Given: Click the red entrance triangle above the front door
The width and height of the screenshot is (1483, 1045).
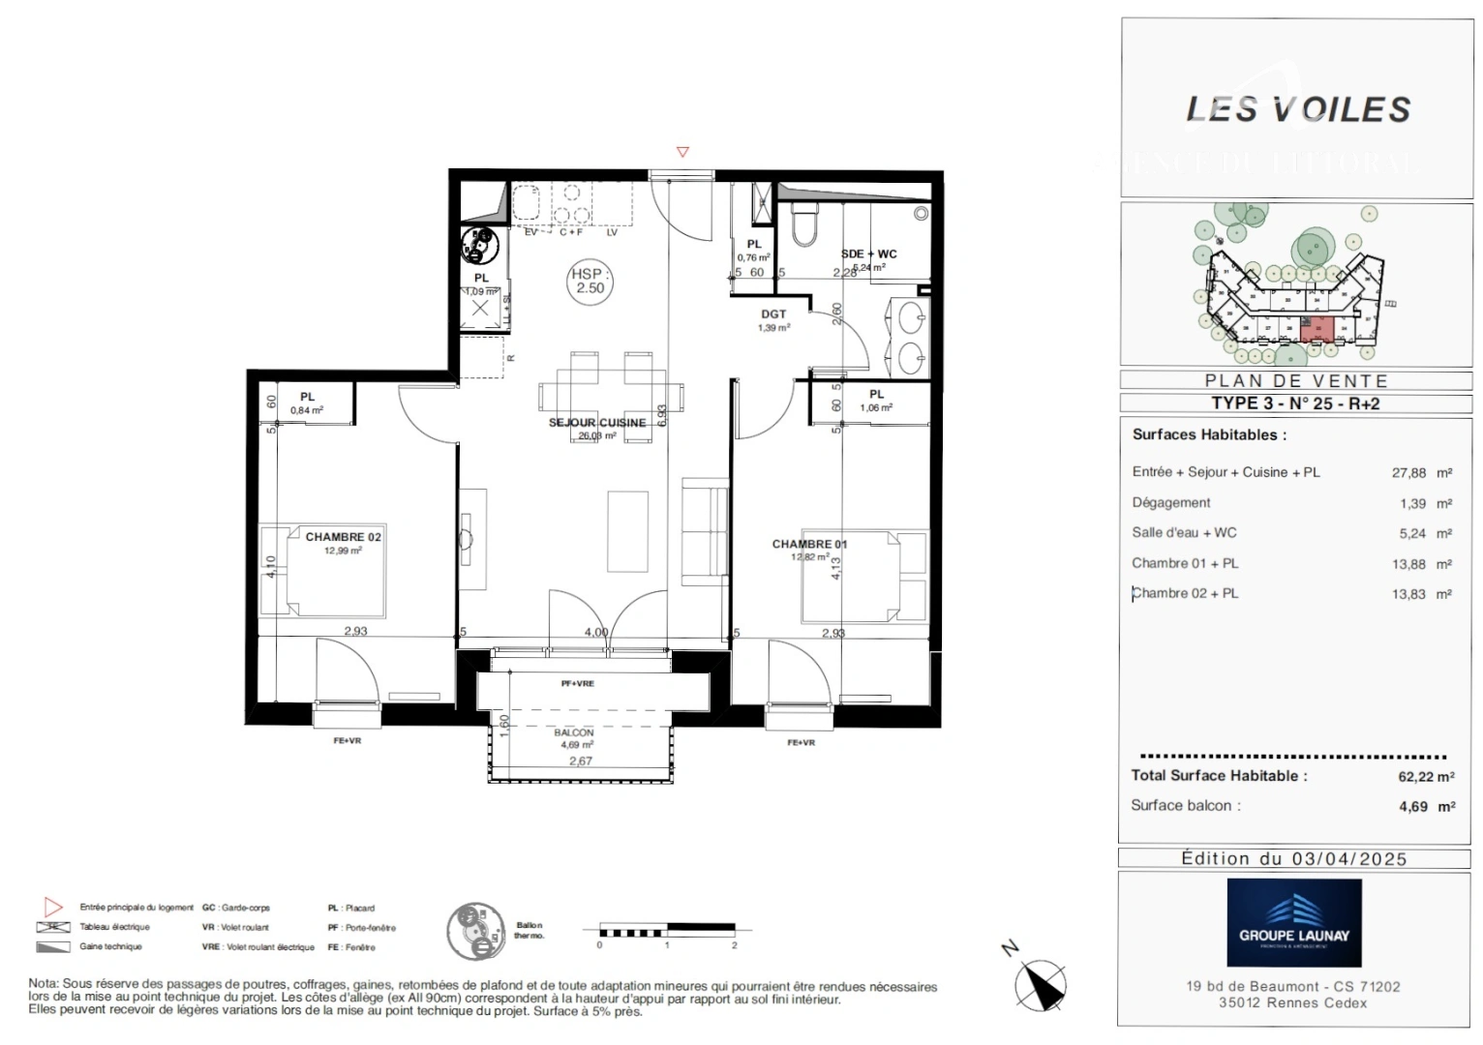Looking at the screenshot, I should click(x=682, y=152).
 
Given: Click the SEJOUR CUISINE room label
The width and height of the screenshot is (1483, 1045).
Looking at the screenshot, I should click(x=596, y=423).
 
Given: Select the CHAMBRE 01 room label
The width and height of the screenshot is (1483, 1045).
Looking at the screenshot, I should click(x=808, y=544).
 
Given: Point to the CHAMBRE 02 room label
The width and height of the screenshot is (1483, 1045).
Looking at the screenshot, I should click(x=343, y=537).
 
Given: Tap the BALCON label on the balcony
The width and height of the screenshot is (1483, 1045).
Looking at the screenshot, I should click(x=574, y=732).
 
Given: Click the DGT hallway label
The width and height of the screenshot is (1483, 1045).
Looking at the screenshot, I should click(x=773, y=314).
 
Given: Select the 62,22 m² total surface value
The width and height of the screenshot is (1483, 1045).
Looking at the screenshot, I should click(x=1425, y=776).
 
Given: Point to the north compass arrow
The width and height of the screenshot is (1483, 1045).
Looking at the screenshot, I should click(x=1042, y=984).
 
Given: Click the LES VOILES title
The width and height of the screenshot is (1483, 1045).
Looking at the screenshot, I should click(x=1298, y=110).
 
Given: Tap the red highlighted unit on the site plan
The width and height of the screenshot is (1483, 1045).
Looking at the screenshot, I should click(x=1317, y=330).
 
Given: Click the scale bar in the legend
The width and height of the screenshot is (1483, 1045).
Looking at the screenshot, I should click(x=667, y=931).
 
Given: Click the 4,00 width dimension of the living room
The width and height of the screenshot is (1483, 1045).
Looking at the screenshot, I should click(x=595, y=632).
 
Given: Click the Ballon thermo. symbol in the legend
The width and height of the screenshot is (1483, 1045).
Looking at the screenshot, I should click(x=476, y=931).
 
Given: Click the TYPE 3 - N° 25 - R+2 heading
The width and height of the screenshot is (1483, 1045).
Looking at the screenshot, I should click(x=1295, y=403).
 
